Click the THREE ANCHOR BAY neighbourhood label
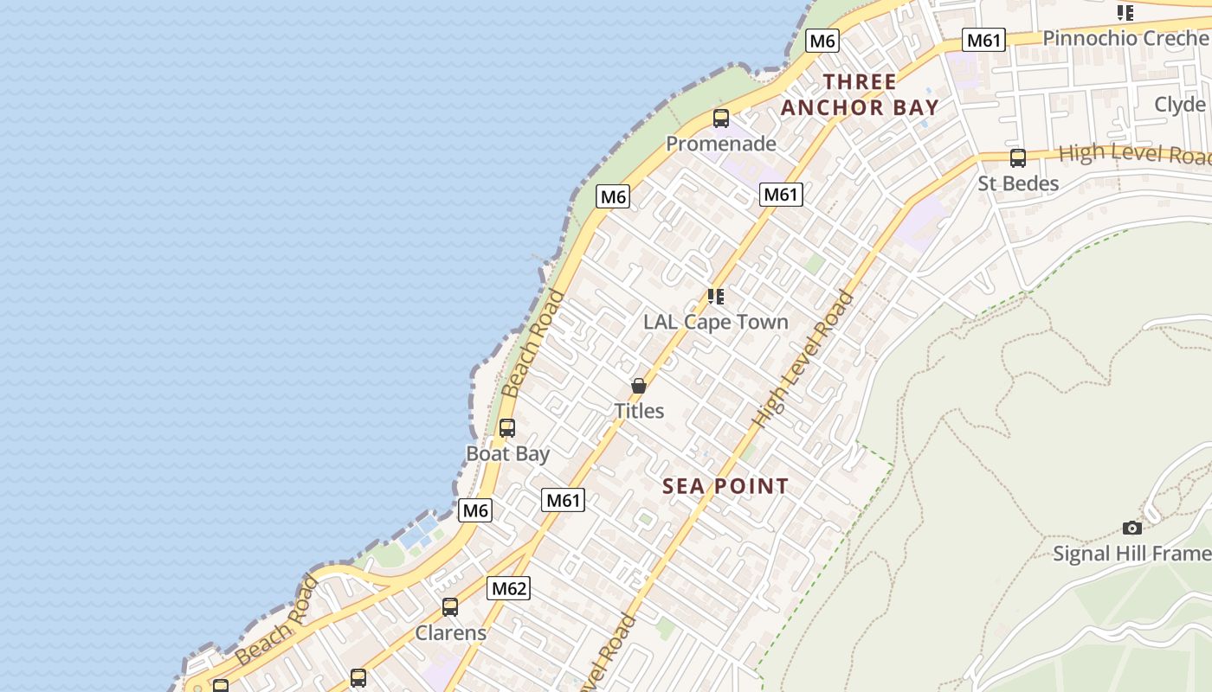pos(860,95)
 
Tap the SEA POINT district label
pos(725,486)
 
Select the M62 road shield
pos(508,589)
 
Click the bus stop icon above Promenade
pos(720,119)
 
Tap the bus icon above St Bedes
pos(1018,158)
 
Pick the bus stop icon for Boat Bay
pos(507,428)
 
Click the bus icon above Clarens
pos(450,607)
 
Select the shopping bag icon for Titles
pos(639,386)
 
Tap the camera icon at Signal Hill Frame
pos(1131,528)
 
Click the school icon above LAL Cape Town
pos(715,297)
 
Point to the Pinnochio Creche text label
pos(1125,38)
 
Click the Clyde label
pos(1180,105)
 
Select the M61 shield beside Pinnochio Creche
pos(983,40)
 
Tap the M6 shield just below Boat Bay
pos(475,510)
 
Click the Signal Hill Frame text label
pos(1131,554)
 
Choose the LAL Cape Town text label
pos(716,322)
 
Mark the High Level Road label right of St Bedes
pos(1134,154)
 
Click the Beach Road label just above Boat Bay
pos(533,343)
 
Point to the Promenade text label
pos(721,144)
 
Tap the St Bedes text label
pos(1018,183)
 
